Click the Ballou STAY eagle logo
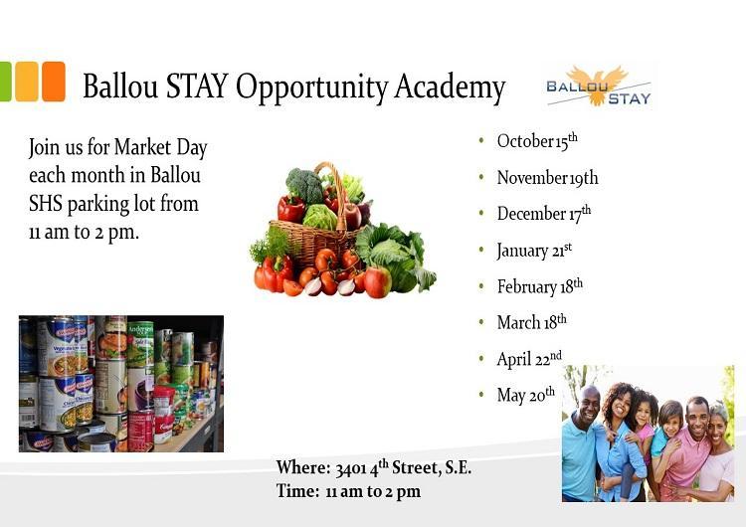pyautogui.click(x=599, y=87)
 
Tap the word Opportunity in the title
pyautogui.click(x=312, y=88)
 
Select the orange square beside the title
pyautogui.click(x=54, y=82)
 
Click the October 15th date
pyautogui.click(x=537, y=141)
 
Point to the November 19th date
pyautogui.click(x=547, y=178)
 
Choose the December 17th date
pyautogui.click(x=544, y=214)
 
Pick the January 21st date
pyautogui.click(x=534, y=251)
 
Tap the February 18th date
pyautogui.click(x=539, y=286)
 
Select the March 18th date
pyautogui.click(x=531, y=322)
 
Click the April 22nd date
pyautogui.click(x=529, y=359)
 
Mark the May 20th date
pyautogui.click(x=526, y=396)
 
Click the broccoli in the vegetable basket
pyautogui.click(x=304, y=186)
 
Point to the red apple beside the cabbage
pyautogui.click(x=378, y=282)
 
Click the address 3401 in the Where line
pyautogui.click(x=351, y=469)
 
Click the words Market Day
pyautogui.click(x=160, y=147)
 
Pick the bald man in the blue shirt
pyautogui.click(x=584, y=443)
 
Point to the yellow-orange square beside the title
pyautogui.click(x=27, y=82)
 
